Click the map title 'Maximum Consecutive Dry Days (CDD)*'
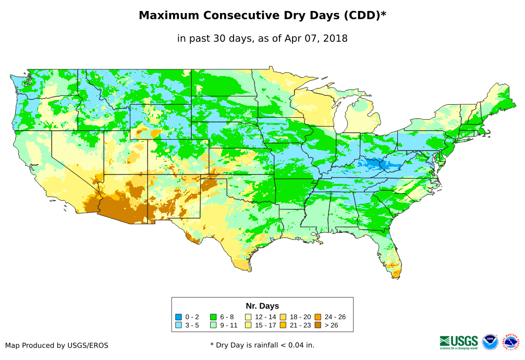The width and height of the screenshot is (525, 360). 262,16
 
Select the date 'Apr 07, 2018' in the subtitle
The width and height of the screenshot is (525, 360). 319,39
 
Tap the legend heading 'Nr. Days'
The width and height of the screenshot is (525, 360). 262,306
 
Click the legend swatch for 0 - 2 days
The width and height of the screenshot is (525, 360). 178,317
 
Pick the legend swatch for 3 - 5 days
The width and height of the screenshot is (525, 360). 178,325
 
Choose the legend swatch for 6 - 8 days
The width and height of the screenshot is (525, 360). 213,317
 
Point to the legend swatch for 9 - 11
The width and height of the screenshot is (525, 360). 213,325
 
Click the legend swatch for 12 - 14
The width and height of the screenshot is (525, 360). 248,317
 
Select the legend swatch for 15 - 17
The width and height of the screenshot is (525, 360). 248,325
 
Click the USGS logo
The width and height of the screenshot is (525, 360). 459,342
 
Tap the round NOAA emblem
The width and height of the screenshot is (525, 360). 490,342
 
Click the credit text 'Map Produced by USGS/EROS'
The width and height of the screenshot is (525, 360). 57,345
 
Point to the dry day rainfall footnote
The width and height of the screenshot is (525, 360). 262,345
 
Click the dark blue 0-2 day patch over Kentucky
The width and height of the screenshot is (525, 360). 373,164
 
